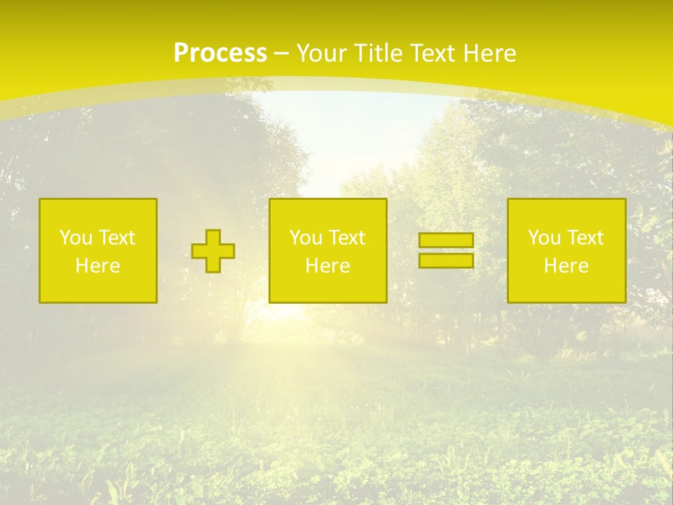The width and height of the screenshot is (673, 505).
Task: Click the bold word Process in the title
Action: (x=220, y=53)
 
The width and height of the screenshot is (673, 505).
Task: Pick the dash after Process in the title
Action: (x=281, y=54)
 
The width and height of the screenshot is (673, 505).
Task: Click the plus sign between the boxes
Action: (x=213, y=251)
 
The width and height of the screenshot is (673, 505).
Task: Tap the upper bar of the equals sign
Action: (x=446, y=241)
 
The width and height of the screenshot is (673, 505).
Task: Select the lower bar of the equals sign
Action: (x=446, y=261)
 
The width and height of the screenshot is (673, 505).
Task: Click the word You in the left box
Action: (x=76, y=238)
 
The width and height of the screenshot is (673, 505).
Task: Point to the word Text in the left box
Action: (x=116, y=238)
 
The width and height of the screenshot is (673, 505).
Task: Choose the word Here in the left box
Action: (x=97, y=266)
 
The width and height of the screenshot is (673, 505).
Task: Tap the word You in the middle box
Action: (x=306, y=238)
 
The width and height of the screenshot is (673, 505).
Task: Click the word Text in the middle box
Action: (x=346, y=238)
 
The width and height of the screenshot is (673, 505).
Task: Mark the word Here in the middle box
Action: (x=327, y=266)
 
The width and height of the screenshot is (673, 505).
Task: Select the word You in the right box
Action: (x=544, y=238)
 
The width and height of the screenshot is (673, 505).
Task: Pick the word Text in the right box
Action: (x=585, y=238)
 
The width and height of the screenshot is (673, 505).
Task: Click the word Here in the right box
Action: (x=566, y=266)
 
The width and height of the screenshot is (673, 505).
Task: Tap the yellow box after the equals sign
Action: (x=566, y=288)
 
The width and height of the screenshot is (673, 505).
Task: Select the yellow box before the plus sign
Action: (x=98, y=288)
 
